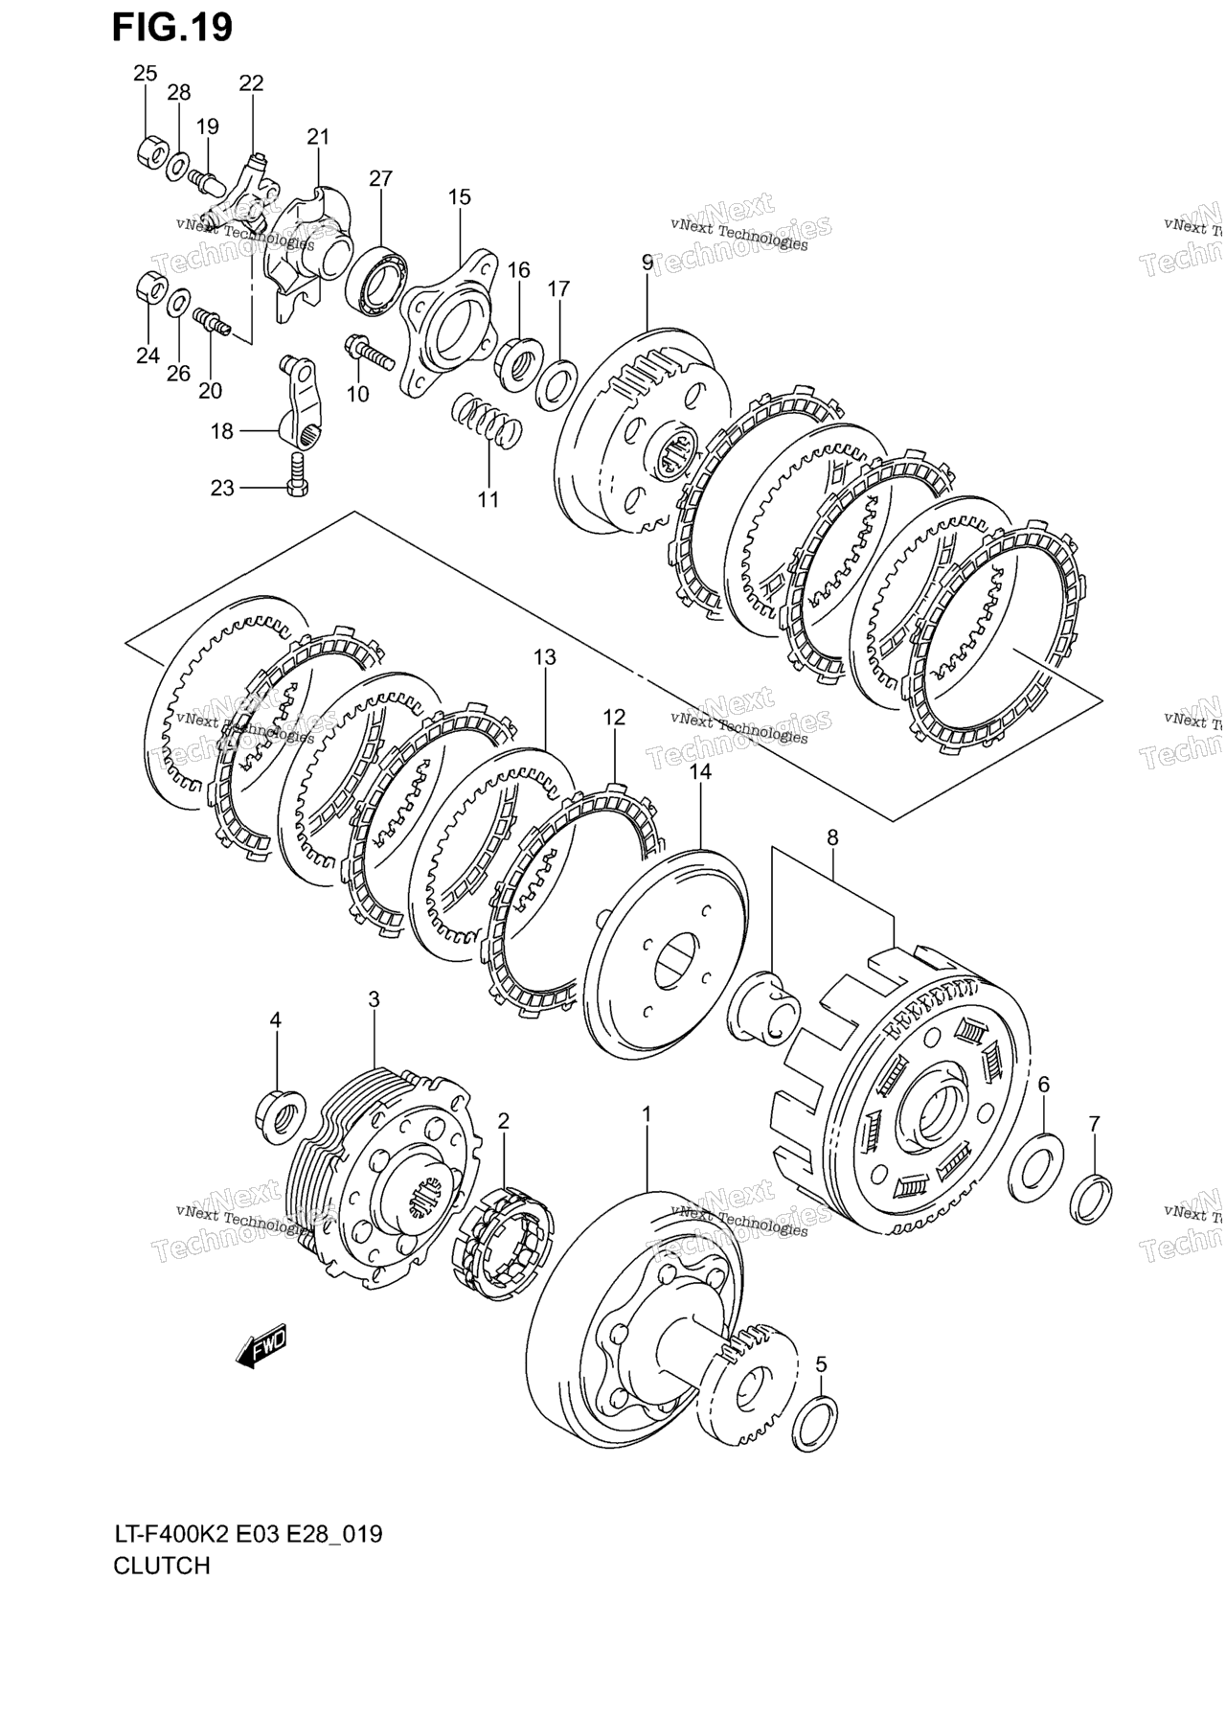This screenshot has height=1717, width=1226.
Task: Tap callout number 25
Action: coord(145,73)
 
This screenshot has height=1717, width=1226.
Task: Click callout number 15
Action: coord(459,197)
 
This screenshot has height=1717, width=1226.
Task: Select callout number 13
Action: coord(545,657)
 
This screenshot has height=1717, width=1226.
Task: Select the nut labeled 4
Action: coord(280,1115)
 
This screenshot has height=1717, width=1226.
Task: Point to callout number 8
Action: coord(832,837)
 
